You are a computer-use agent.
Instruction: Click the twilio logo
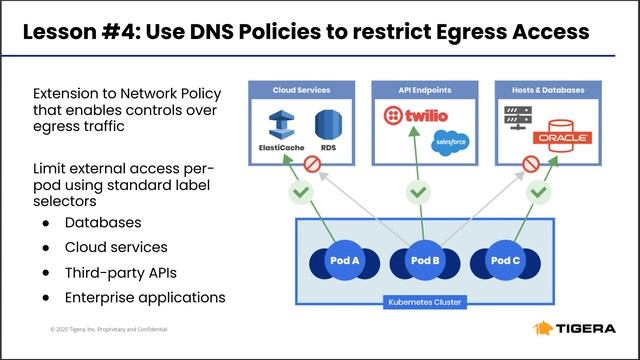418,121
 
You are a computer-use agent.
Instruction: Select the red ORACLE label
561,136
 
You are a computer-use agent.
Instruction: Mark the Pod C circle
505,260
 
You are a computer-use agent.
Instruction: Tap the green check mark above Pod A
297,190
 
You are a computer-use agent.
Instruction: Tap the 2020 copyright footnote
109,329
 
